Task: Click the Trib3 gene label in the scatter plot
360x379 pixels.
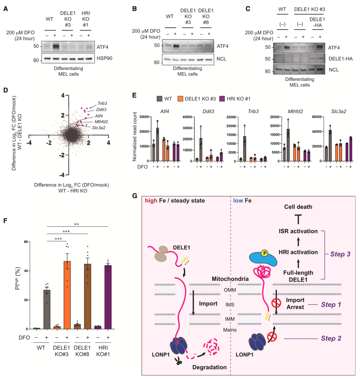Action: [102, 104]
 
